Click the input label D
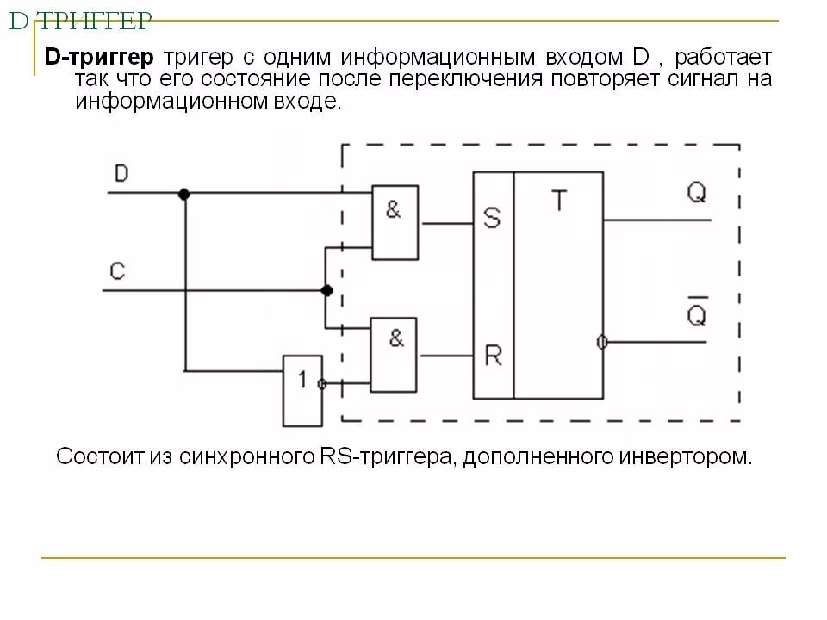click(121, 174)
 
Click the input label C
click(118, 272)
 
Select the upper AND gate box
click(395, 222)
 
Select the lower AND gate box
click(395, 353)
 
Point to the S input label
click(492, 219)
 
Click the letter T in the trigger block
click(559, 201)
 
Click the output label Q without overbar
click(696, 193)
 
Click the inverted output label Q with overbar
click(696, 313)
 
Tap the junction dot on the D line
click(183, 195)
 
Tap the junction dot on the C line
click(326, 291)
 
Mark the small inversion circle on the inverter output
click(322, 384)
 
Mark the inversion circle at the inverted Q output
click(601, 343)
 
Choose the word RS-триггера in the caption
click(387, 456)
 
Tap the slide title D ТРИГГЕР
click(81, 22)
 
